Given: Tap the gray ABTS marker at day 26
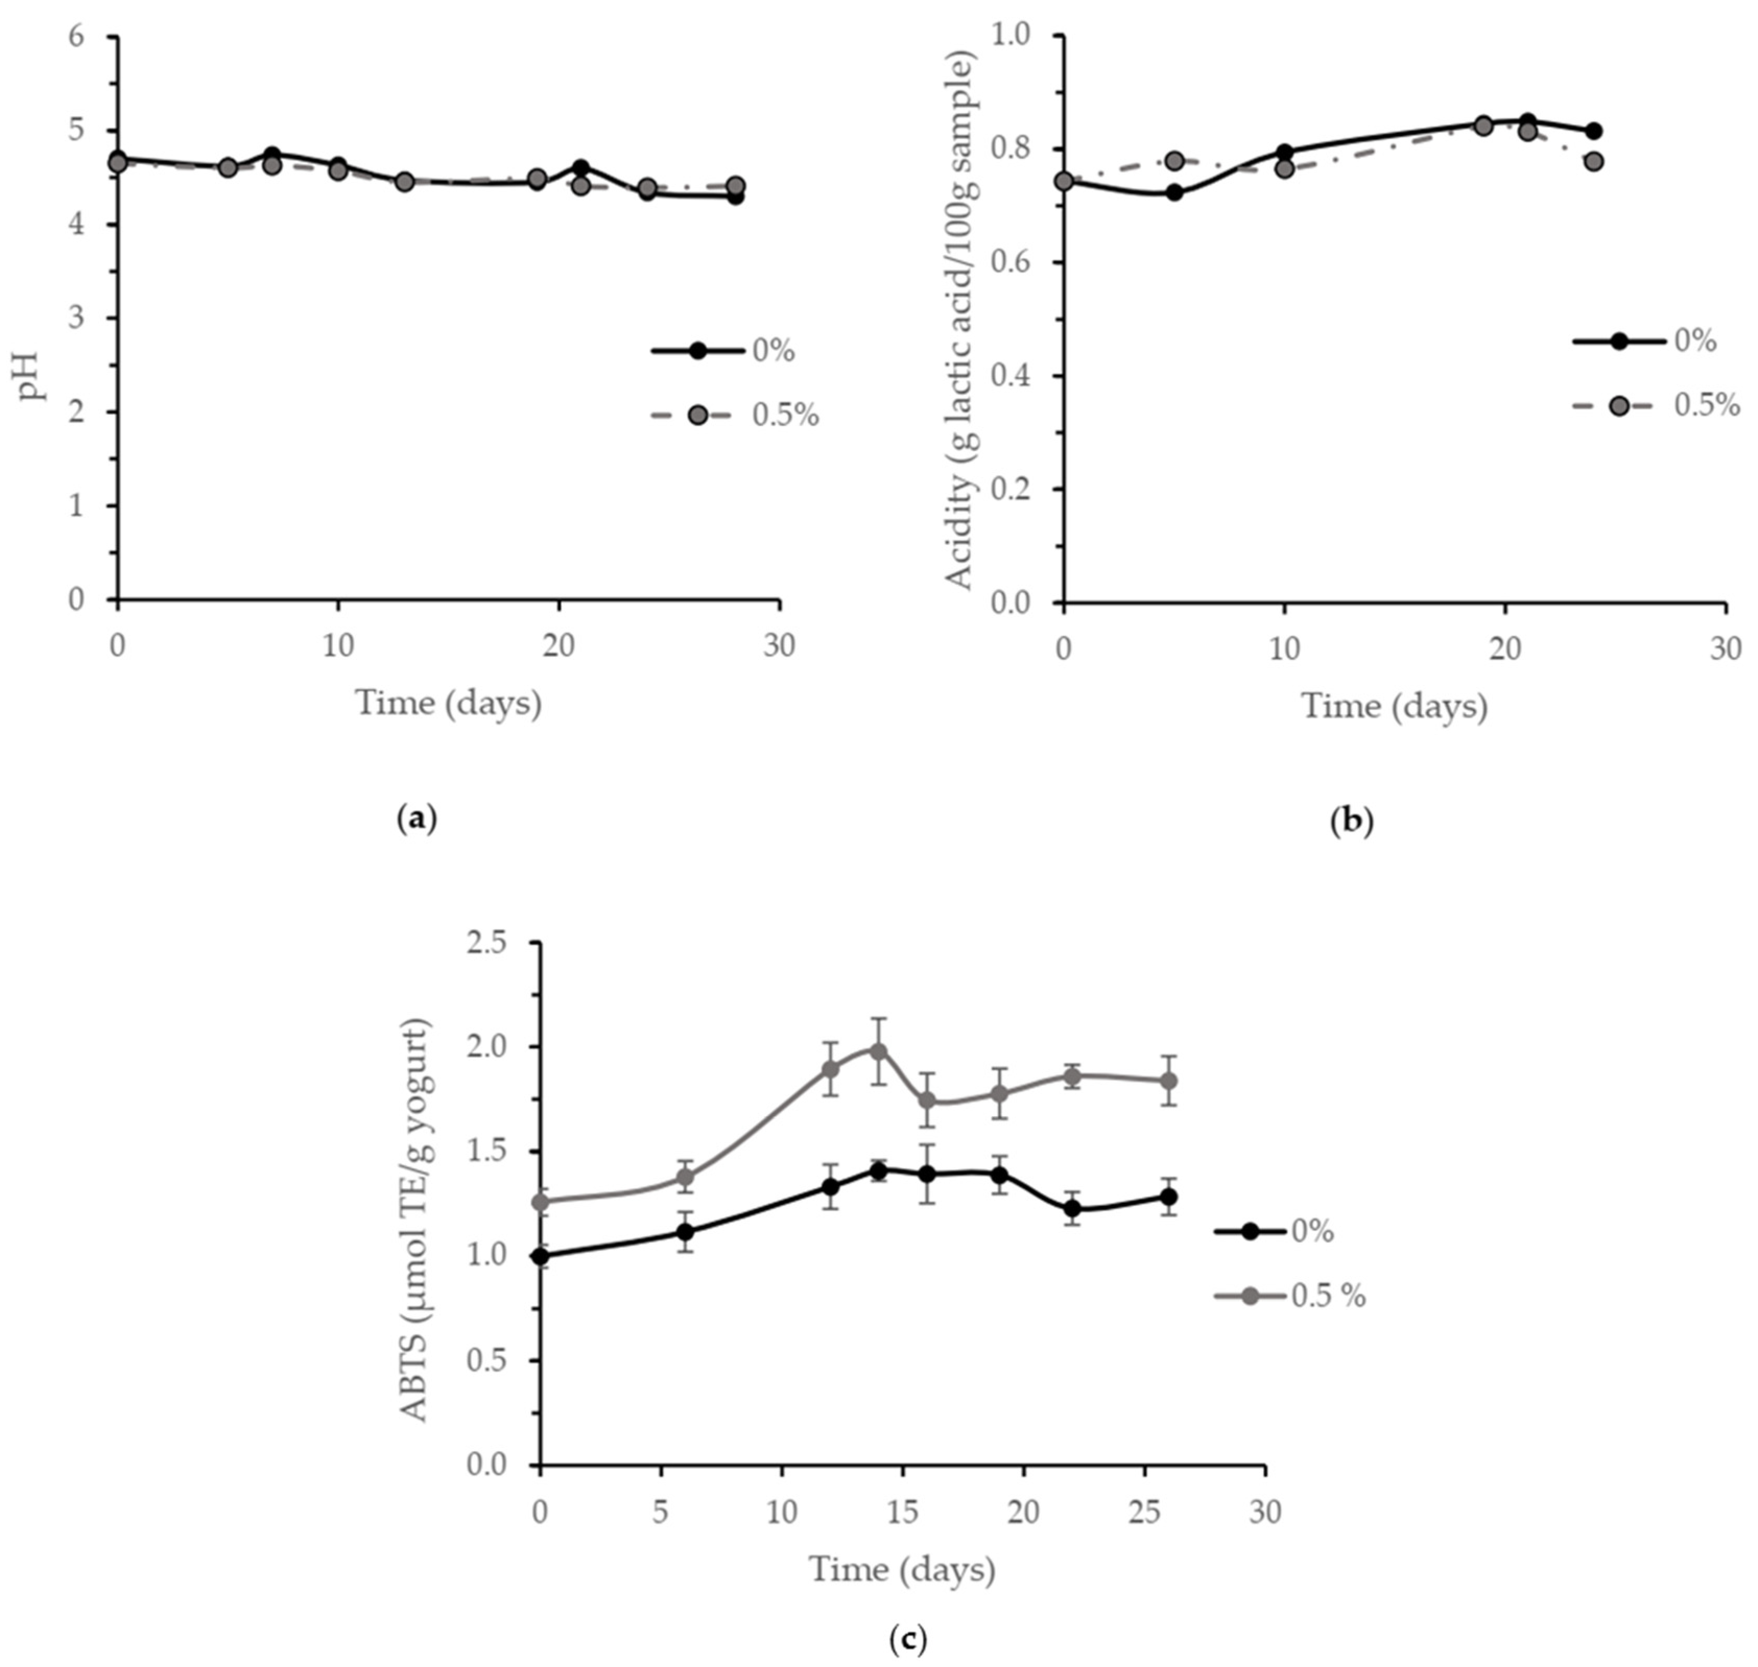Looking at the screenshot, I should point(1169,1081).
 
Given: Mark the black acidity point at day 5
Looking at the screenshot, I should point(1174,192).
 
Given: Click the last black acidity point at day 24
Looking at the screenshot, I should point(1594,131).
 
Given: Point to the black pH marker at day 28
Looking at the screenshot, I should point(735,196).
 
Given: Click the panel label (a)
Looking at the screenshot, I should point(417,819).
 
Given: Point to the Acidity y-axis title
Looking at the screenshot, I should point(960,320).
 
